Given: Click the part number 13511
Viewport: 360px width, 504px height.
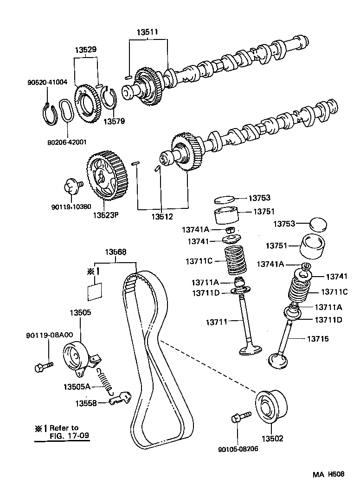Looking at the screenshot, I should tap(148, 32).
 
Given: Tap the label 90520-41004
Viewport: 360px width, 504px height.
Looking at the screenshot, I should tap(47, 82).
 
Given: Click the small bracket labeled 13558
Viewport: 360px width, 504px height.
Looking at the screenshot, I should tap(120, 398).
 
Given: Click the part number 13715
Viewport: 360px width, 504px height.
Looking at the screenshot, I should tap(317, 339).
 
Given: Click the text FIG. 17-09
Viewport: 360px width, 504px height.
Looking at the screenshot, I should tap(68, 436).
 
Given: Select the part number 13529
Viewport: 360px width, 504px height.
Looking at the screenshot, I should tap(86, 49).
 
